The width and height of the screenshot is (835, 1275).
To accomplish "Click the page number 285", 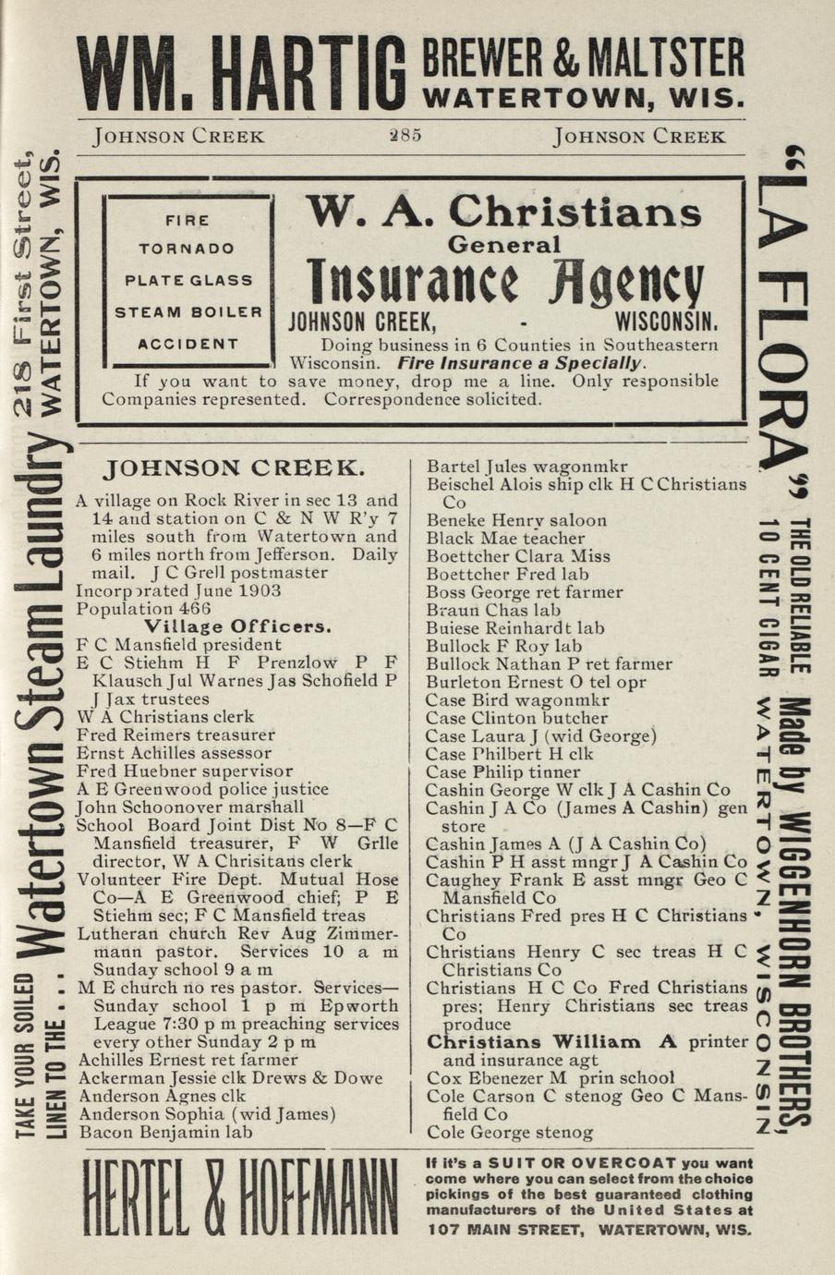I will (x=405, y=135).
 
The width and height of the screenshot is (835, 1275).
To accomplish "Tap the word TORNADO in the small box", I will (x=187, y=249).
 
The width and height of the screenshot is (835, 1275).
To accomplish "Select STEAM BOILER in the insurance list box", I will (x=188, y=312).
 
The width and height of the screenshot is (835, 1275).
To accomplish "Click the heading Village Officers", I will (x=237, y=627).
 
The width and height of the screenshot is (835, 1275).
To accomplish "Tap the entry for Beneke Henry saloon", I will (x=516, y=520).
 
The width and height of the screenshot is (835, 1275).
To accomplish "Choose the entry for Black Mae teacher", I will (x=505, y=538).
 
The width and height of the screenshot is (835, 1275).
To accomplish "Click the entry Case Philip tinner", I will (x=502, y=771).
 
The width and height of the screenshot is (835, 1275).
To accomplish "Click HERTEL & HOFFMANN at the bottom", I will (x=240, y=1197).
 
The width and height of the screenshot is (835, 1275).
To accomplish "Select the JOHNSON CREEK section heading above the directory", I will (x=236, y=468).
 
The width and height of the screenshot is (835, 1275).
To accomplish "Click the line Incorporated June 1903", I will (x=178, y=591).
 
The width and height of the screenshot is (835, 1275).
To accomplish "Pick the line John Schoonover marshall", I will (x=189, y=807).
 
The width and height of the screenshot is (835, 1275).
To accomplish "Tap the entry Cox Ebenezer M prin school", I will (x=551, y=1078).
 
